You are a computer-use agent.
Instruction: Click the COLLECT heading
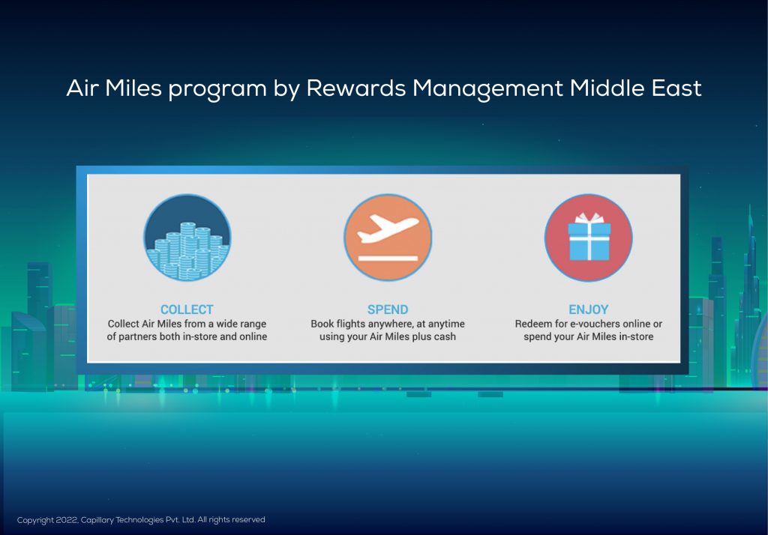[187, 309]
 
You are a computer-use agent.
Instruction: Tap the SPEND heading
[388, 309]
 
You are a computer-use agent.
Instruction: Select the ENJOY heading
[588, 309]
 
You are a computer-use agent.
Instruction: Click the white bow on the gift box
[589, 218]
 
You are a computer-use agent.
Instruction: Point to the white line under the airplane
[388, 258]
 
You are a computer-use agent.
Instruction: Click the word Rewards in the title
[356, 88]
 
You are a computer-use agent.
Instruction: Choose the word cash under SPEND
[445, 336]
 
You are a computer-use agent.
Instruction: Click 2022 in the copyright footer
[67, 520]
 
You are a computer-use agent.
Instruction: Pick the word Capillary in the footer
[97, 520]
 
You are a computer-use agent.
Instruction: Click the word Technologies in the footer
[139, 520]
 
